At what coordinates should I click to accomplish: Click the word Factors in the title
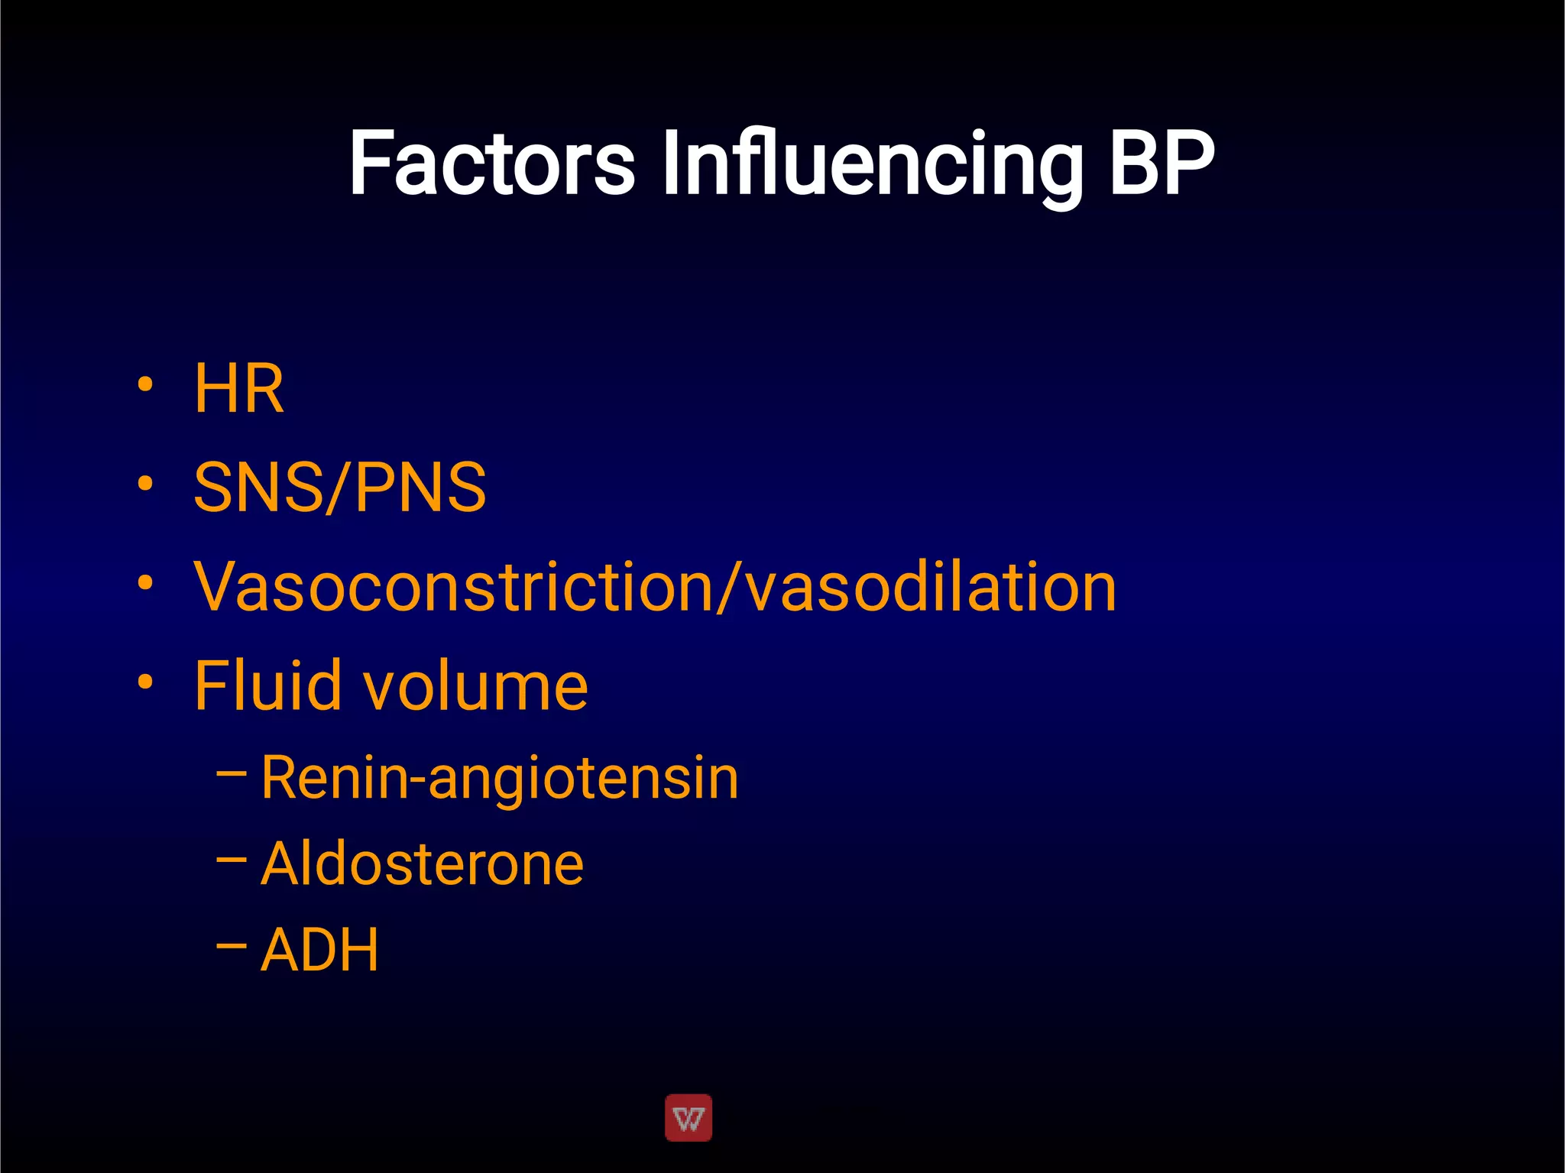(491, 163)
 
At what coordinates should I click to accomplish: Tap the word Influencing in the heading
(872, 164)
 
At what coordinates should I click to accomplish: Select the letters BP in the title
(1162, 163)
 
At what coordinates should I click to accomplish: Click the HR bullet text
(239, 389)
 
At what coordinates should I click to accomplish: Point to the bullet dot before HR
(145, 384)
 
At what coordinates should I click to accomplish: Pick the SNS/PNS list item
(340, 488)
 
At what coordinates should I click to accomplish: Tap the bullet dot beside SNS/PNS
(145, 483)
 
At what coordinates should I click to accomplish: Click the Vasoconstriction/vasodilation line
(655, 587)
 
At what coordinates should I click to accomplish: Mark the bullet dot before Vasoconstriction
(145, 582)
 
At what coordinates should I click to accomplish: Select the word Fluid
(267, 685)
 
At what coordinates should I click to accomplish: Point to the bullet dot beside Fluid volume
(145, 681)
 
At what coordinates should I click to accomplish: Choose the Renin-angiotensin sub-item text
(500, 778)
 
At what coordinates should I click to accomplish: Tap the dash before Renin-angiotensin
(232, 773)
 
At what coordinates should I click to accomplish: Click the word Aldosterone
(422, 864)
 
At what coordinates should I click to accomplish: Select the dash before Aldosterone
(232, 860)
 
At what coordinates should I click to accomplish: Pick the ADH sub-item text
(319, 950)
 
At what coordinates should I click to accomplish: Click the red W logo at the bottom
(689, 1118)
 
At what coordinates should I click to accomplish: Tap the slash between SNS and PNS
(339, 488)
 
